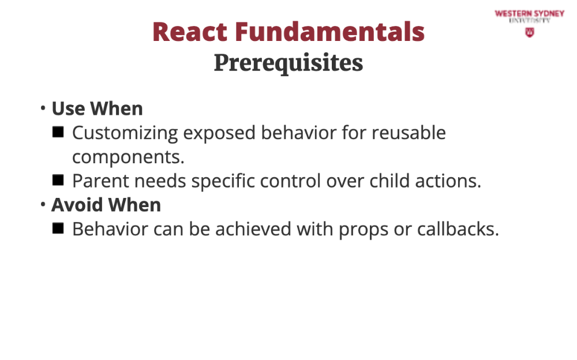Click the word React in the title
190,32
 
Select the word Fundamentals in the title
329,32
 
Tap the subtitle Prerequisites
288,63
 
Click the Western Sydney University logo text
530,17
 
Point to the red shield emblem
530,33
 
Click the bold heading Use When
97,108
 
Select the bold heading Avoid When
106,205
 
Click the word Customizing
125,133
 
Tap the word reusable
409,133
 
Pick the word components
128,157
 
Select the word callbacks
458,229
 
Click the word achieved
253,229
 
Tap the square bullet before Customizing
58,132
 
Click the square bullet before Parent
58,181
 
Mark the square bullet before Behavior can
58,228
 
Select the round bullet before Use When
43,108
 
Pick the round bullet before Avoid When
43,204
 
